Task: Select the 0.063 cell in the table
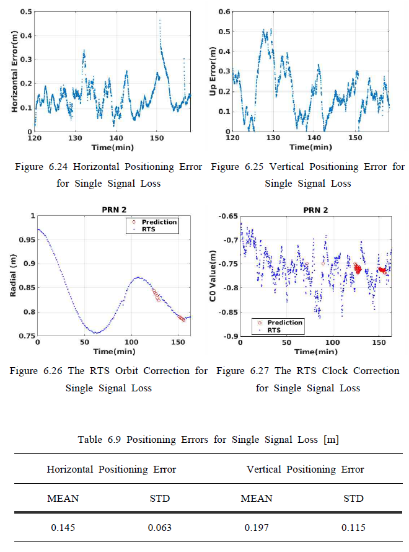[160, 528]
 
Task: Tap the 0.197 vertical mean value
[256, 528]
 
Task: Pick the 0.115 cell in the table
[353, 528]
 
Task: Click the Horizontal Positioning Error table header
[112, 470]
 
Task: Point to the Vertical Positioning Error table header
[306, 470]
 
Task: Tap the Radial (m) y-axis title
[14, 276]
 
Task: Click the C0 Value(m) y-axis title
[213, 276]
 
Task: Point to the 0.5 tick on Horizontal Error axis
[26, 12]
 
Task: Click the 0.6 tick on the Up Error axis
[226, 12]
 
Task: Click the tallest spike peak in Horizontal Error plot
[160, 21]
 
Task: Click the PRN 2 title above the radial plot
[113, 210]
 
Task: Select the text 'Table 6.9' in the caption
[98, 440]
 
